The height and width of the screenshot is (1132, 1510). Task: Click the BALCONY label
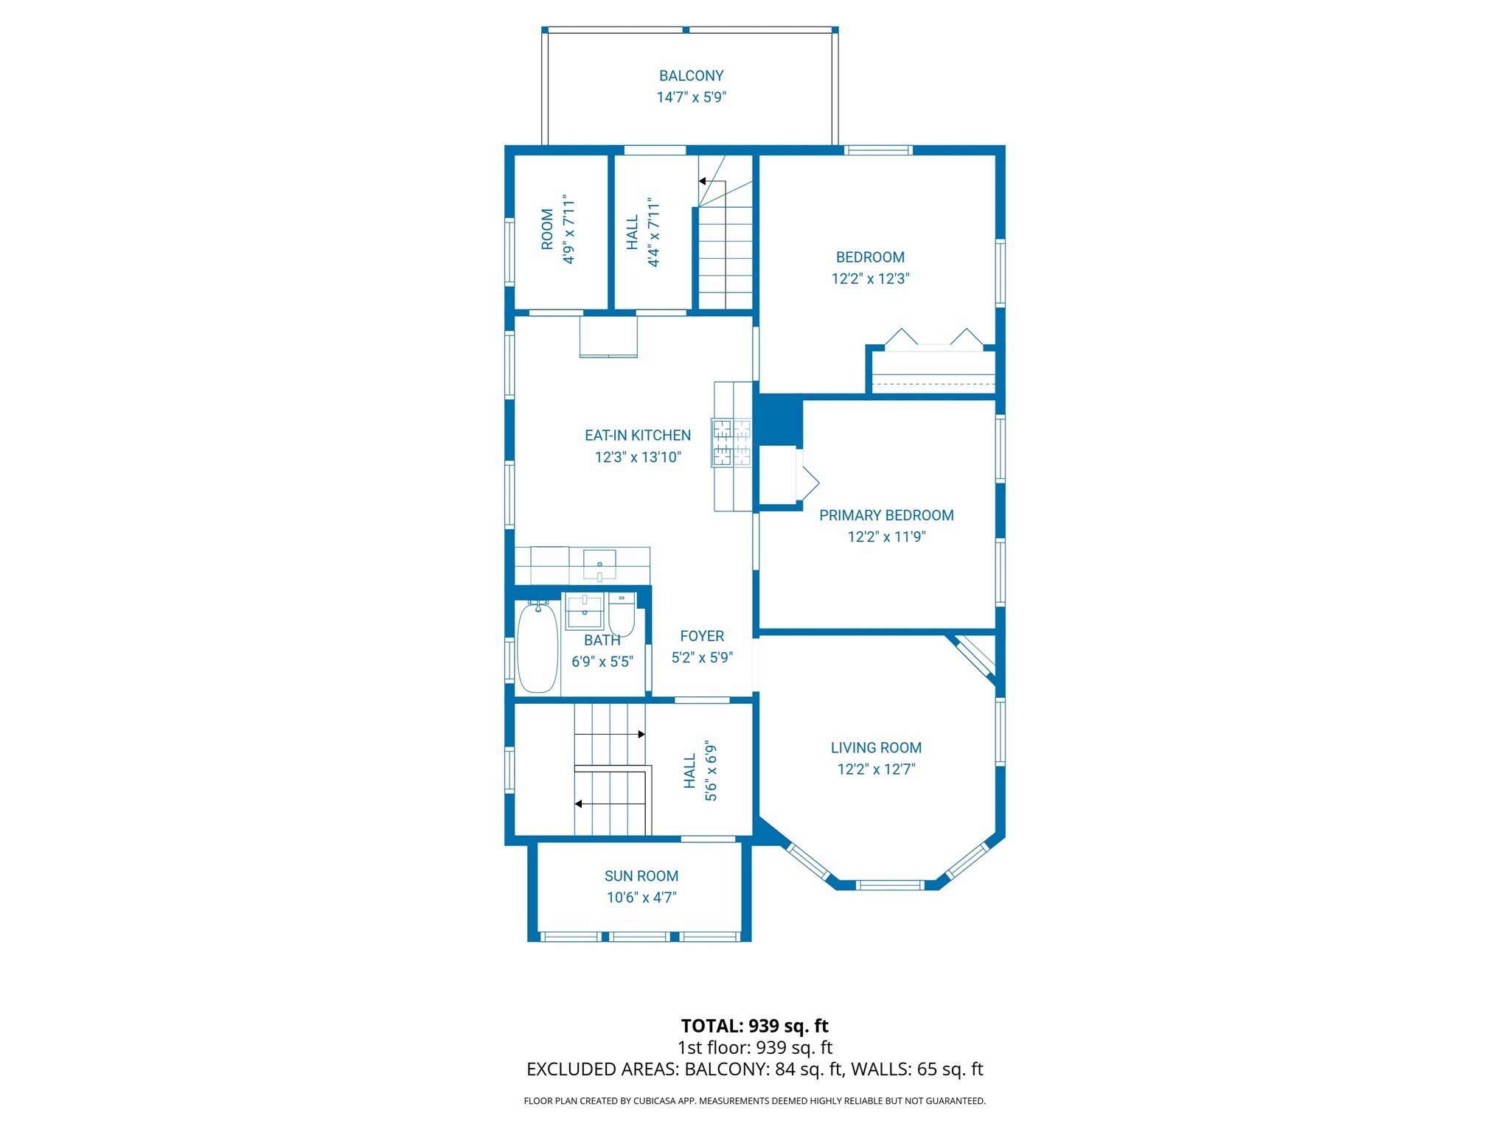click(x=691, y=75)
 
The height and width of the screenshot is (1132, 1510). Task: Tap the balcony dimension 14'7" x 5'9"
click(x=691, y=97)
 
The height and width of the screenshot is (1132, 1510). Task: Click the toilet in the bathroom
click(x=622, y=615)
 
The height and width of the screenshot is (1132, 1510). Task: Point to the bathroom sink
click(x=585, y=611)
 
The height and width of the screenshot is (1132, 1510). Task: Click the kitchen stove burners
click(x=731, y=442)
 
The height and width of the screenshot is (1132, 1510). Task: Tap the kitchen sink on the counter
click(x=599, y=565)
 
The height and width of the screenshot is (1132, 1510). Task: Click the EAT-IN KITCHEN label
click(x=638, y=436)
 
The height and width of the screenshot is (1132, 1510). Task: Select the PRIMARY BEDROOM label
click(x=886, y=515)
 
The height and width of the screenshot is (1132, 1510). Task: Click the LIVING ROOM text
click(x=876, y=747)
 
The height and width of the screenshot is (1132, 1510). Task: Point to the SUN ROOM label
click(x=641, y=876)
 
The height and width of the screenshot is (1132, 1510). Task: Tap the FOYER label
click(x=702, y=636)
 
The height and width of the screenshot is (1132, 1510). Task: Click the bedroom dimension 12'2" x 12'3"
click(x=870, y=279)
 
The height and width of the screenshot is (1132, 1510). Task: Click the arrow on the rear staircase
click(x=703, y=181)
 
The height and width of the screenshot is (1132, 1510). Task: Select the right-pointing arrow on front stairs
click(x=641, y=734)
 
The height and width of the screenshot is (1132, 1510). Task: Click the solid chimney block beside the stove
click(x=779, y=419)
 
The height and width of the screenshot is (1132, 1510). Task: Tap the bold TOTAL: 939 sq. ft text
click(x=754, y=1026)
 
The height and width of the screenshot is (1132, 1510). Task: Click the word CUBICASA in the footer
click(x=653, y=1101)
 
